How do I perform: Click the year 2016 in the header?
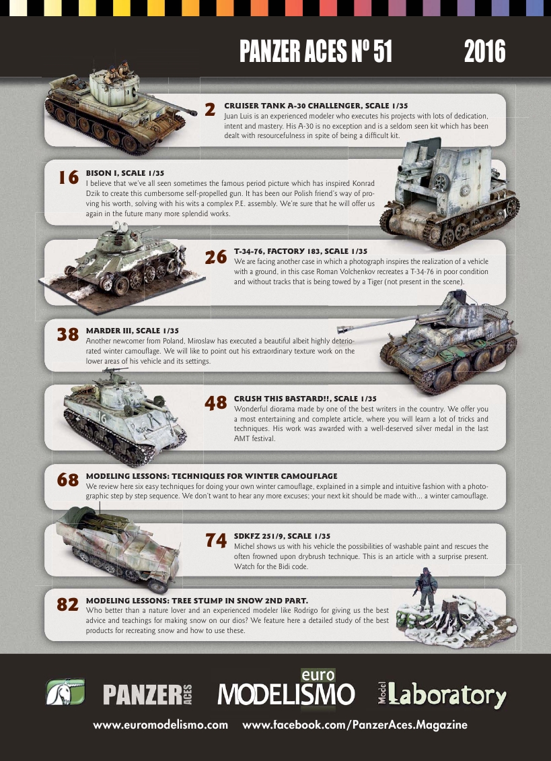click(484, 52)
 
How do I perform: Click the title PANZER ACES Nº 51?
click(316, 52)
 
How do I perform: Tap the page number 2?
click(211, 110)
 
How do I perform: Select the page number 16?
click(69, 177)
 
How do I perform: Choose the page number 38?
click(69, 335)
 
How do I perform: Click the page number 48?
click(215, 403)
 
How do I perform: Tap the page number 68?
click(69, 480)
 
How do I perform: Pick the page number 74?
click(215, 540)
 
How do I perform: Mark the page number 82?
click(69, 605)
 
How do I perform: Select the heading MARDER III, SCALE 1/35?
click(133, 331)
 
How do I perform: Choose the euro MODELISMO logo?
click(286, 690)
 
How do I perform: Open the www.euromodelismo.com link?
click(161, 725)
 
